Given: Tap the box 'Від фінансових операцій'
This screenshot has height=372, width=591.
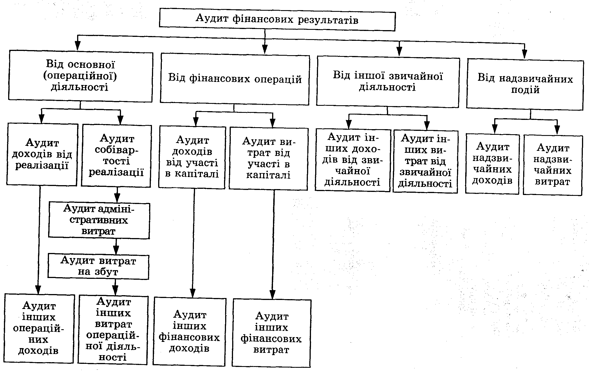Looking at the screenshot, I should pos(235,79).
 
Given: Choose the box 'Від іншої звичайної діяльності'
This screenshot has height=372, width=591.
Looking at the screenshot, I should pos(388,82).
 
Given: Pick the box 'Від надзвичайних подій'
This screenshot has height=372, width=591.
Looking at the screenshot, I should pos(525,84).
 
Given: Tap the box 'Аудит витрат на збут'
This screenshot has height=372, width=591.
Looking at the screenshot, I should pos(98,266).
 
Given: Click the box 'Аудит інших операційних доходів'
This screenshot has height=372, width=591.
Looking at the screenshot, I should pos(39,328).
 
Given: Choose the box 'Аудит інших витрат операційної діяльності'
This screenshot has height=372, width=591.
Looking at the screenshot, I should pos(113,330).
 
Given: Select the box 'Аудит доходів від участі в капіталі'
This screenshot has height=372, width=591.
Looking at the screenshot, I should pos(192,157).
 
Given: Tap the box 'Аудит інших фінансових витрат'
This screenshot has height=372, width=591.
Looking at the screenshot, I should pos(272,333).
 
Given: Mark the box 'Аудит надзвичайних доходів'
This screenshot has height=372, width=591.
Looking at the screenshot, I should pos(492,164).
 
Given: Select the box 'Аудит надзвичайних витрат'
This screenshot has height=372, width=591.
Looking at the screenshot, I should pos(552,165).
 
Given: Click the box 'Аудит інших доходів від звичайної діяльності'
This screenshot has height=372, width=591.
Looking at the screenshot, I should pos(353,160).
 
